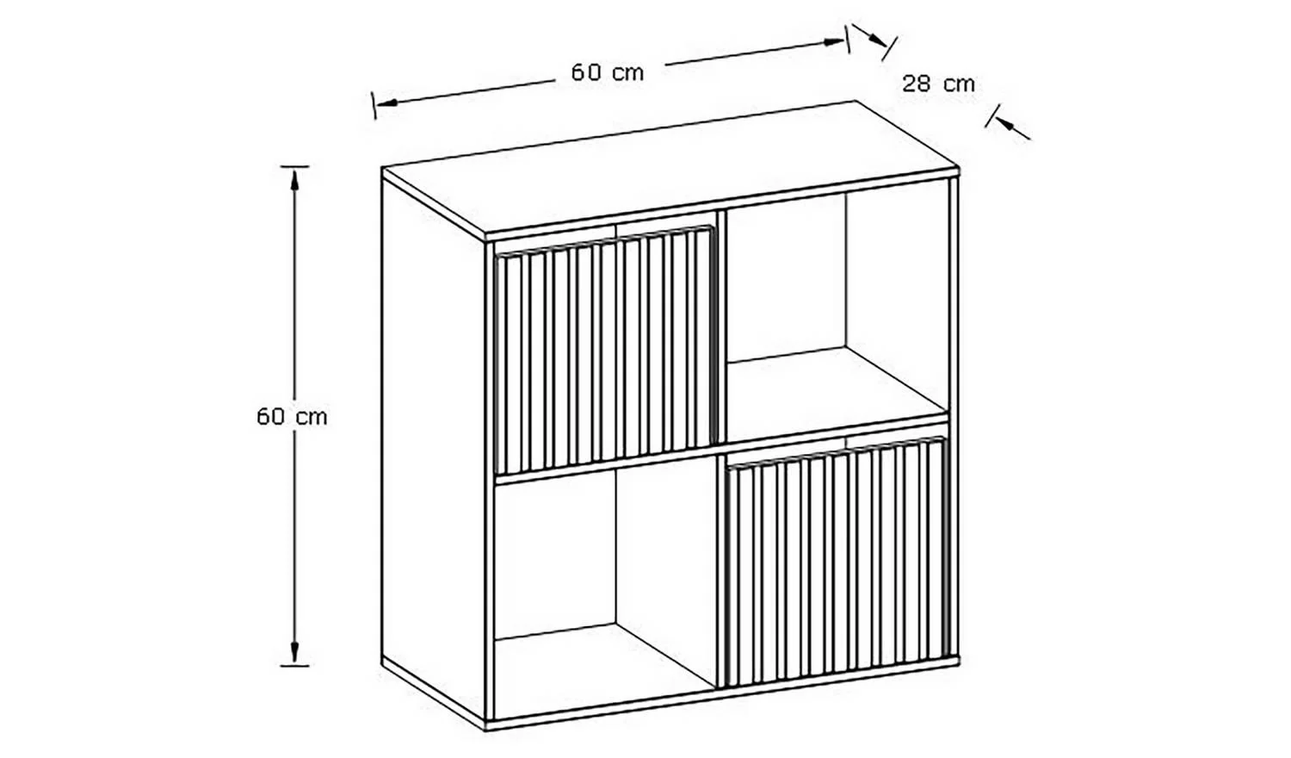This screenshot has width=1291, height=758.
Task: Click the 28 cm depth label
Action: (x=938, y=84)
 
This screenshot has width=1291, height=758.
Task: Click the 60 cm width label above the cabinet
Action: (x=608, y=72)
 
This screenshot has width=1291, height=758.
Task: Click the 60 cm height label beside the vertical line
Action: (x=293, y=417)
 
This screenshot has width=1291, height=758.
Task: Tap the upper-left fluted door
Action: (x=605, y=350)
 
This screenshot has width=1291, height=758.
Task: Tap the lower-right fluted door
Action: (x=835, y=562)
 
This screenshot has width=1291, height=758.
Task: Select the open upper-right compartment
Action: (x=837, y=312)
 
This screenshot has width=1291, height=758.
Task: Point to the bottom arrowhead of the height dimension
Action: (x=294, y=652)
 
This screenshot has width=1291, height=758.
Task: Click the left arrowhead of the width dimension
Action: (x=387, y=103)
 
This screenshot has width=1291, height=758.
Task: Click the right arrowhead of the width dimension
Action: (x=833, y=41)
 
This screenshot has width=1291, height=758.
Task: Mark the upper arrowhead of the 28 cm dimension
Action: (x=877, y=40)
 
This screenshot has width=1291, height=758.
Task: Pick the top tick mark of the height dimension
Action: (x=294, y=167)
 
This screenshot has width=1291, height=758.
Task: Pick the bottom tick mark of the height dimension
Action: (x=294, y=666)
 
